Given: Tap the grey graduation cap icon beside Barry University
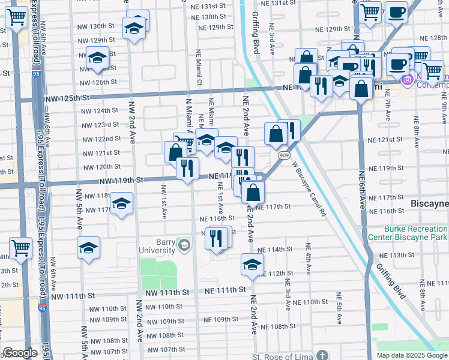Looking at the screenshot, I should pos(183,245).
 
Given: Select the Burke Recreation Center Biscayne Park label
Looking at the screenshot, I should pos(416,233).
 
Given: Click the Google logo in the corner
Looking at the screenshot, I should pos(20,353).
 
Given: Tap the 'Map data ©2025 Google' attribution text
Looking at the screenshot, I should pos(412,355).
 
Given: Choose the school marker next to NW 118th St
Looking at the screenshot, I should pos(121,203).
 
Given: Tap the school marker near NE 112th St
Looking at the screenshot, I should pos(253,264).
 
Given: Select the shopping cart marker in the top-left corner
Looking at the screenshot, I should pos(16,17).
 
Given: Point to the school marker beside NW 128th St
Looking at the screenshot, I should pos(97,58).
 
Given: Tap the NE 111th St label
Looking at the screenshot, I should pos(225,290).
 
